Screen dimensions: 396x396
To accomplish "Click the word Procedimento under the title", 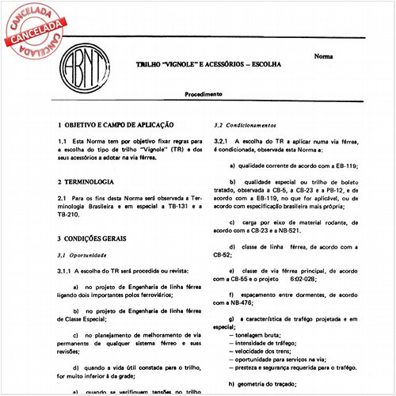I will click(204, 93).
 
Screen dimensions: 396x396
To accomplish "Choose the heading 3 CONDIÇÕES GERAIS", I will click(101, 238).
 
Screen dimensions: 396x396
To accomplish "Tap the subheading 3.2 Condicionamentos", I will click(246, 125).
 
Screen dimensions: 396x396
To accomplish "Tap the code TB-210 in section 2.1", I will click(68, 214).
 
